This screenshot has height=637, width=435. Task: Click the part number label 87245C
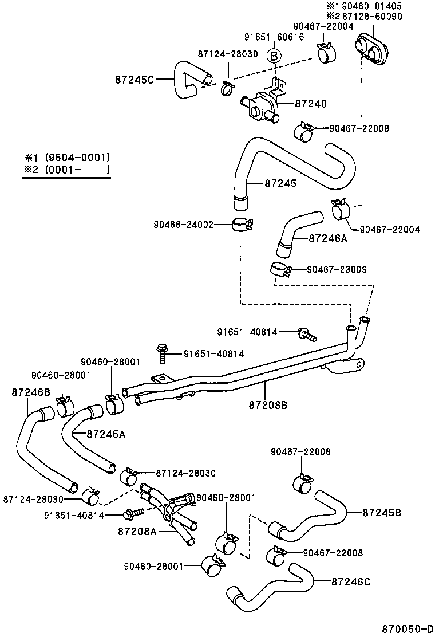click(135, 80)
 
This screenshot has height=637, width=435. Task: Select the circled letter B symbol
click(274, 56)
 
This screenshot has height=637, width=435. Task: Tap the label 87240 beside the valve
click(311, 104)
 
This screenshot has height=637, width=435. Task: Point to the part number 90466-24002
click(183, 225)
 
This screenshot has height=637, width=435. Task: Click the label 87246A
click(328, 238)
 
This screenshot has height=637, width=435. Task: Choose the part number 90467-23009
click(337, 269)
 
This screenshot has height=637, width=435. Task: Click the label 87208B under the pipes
click(268, 404)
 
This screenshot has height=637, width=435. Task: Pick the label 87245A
click(106, 434)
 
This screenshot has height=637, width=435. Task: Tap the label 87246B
click(30, 392)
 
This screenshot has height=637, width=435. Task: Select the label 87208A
click(137, 531)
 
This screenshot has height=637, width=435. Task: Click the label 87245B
click(382, 512)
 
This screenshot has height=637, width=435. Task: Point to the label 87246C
click(351, 581)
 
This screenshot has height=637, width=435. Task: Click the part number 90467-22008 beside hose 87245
click(359, 128)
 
